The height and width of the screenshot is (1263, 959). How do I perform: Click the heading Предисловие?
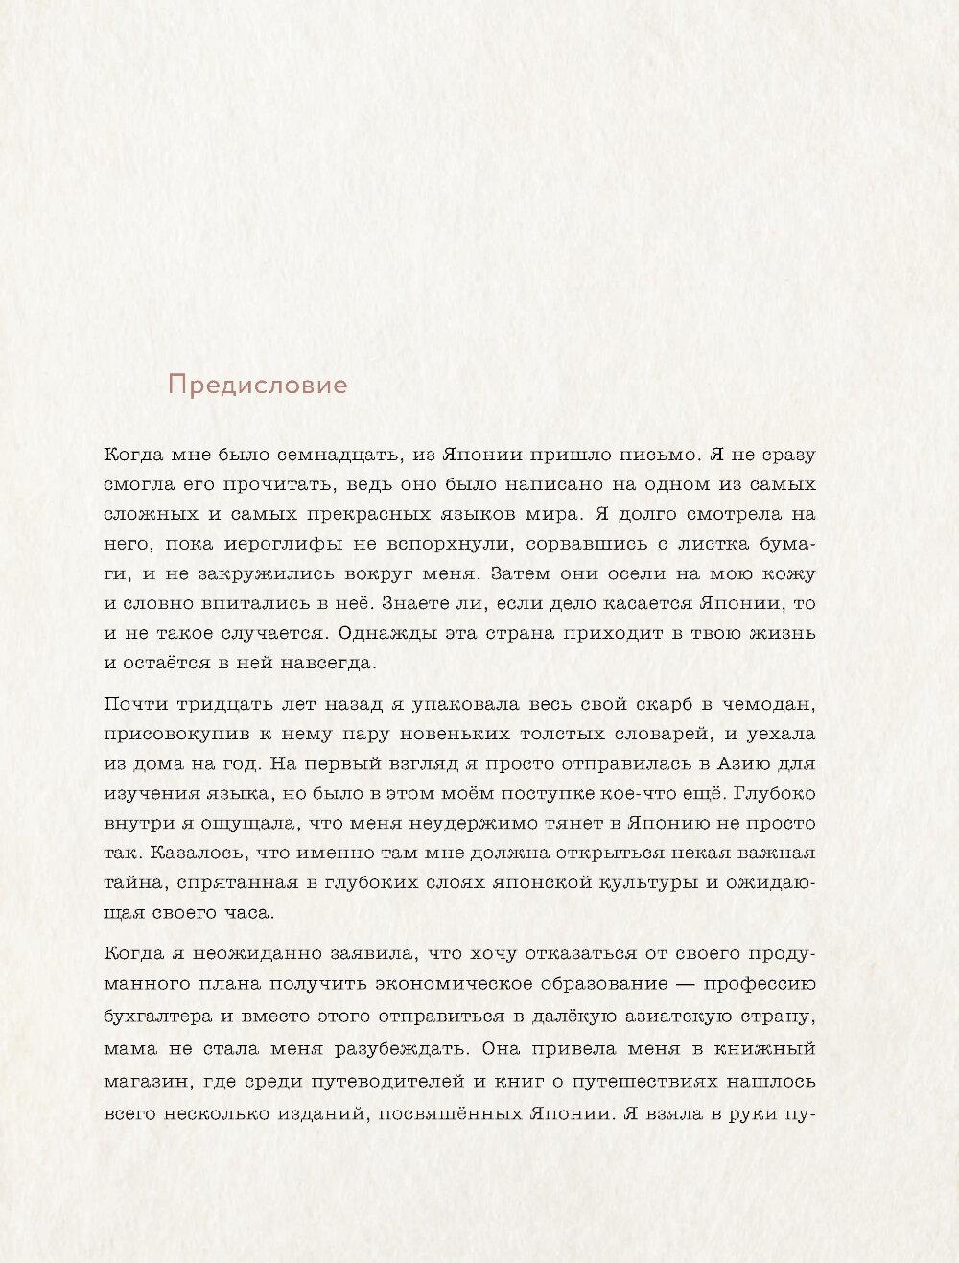(257, 386)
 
